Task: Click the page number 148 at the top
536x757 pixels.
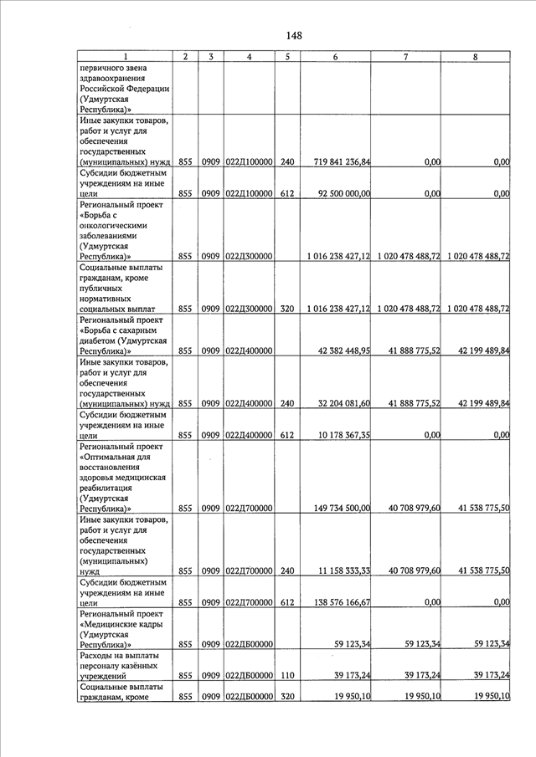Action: click(293, 35)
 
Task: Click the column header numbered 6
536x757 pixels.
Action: click(335, 56)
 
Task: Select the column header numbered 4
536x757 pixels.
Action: click(250, 56)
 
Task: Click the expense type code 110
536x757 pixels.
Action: click(287, 676)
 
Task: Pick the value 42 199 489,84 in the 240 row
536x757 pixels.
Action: click(480, 404)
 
